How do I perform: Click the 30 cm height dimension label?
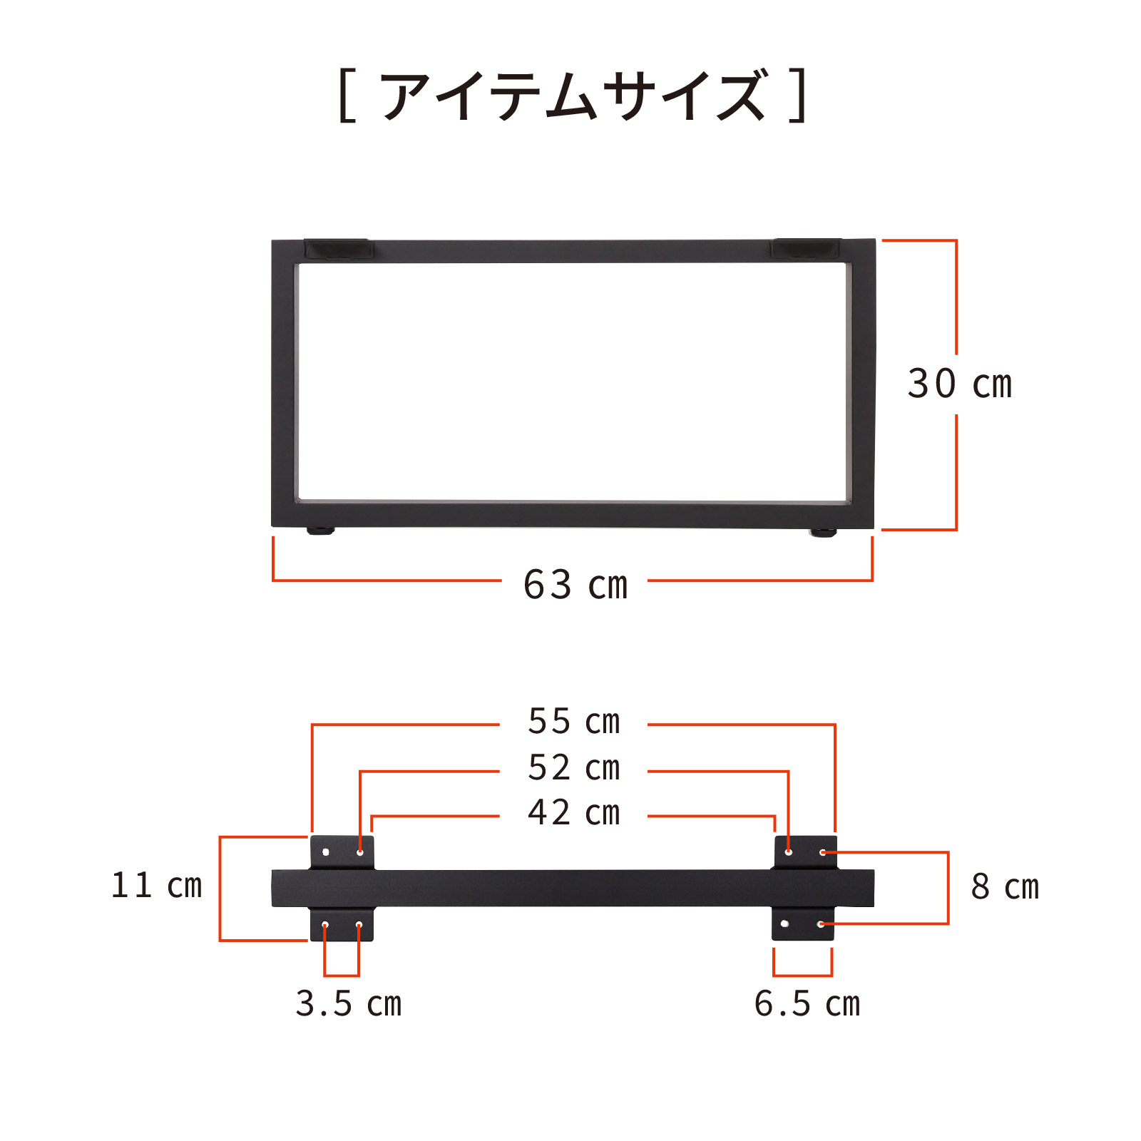(959, 384)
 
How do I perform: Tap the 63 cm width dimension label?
(575, 585)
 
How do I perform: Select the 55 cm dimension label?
(574, 721)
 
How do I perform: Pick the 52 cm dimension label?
(574, 767)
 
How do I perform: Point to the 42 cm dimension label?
(574, 812)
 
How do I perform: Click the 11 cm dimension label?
(157, 885)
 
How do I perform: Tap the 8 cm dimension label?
(1005, 886)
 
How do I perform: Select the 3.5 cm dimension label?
(349, 1003)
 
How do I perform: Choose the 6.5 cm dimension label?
(807, 1003)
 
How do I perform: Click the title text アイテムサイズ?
(574, 96)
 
